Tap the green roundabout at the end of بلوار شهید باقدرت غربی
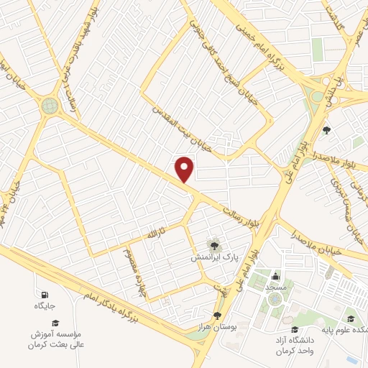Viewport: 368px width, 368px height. tap(49, 106)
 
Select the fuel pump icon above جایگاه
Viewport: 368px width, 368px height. tap(45, 295)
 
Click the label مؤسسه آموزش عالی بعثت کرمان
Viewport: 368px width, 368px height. tap(57, 339)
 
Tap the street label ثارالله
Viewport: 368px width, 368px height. tap(157, 234)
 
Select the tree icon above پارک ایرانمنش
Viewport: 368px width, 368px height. tap(213, 244)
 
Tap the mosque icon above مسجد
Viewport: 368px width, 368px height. tap(275, 276)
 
